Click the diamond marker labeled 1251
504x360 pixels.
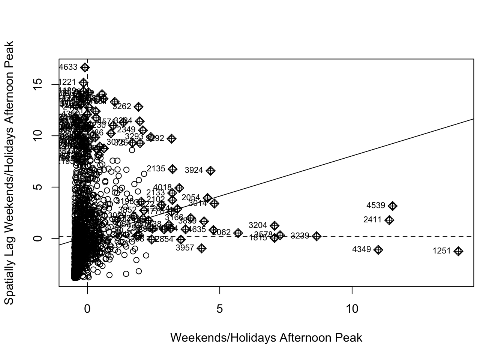pos(458,251)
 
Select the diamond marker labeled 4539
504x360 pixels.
pos(393,206)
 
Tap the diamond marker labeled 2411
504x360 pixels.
pos(389,220)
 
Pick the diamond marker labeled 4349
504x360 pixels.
pos(378,250)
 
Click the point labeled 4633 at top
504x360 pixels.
pos(85,67)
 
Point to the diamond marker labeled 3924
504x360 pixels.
pos(210,171)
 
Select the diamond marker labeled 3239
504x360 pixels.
pos(317,236)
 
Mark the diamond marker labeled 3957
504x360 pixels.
pos(202,248)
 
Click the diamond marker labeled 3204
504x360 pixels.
pos(274,225)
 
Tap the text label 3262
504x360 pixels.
pos(122,106)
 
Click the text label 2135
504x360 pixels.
pos(156,169)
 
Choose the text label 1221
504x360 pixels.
pos(67,82)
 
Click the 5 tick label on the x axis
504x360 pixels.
pos(220,309)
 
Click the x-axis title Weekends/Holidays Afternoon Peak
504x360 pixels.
pos(266,338)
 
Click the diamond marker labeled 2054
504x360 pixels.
pos(207,198)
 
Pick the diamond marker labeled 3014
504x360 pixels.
pos(214,204)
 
